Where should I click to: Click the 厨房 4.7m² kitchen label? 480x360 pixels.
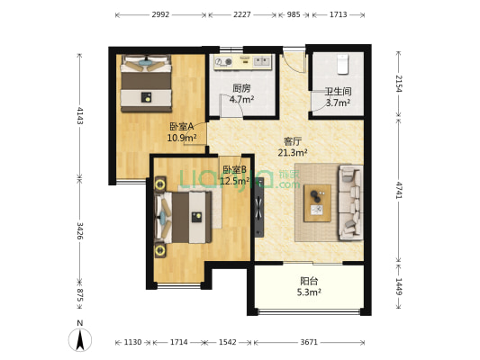(241, 94)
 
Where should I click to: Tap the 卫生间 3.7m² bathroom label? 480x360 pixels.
(339, 97)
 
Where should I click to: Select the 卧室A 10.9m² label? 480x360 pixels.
(181, 132)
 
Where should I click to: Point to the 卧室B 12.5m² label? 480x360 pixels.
(235, 175)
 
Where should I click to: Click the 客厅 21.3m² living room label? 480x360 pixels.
(293, 148)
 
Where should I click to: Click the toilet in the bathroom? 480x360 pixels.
(340, 63)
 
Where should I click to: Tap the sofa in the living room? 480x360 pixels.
(349, 202)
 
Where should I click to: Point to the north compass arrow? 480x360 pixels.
(80, 339)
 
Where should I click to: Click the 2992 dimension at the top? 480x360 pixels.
(161, 15)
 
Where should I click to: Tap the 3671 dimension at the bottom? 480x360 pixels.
(309, 343)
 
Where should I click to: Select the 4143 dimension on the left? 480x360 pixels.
(79, 115)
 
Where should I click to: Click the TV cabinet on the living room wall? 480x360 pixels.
(259, 205)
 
